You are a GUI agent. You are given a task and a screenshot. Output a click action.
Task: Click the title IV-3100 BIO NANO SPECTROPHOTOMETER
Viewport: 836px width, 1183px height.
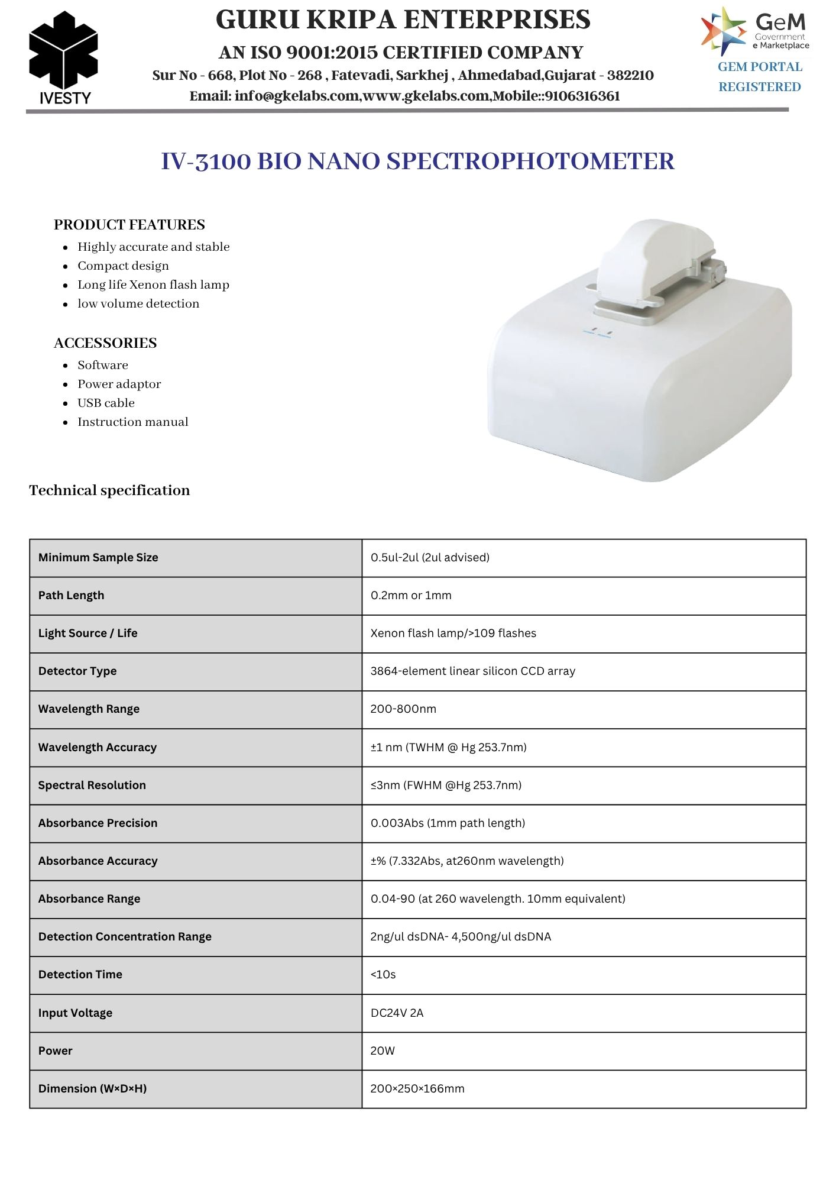pos(417,161)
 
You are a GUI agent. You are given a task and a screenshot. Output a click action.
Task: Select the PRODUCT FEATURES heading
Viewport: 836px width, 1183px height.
pos(129,225)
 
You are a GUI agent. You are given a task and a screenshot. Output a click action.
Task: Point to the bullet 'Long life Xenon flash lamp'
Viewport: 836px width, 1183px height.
pos(153,285)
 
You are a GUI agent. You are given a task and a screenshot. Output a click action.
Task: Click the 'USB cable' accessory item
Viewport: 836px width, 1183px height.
pos(106,403)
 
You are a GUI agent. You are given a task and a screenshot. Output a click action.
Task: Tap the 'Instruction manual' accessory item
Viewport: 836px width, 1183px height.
pos(132,422)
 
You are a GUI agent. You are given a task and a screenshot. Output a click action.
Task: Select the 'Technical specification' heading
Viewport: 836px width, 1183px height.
pos(109,490)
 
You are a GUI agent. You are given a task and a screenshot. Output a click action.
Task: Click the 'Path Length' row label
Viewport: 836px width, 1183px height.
pos(71,596)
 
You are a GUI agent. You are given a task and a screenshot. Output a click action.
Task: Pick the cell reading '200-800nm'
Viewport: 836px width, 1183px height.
pos(403,709)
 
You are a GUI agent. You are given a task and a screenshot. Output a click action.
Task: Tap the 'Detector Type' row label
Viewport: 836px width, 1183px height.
pos(77,671)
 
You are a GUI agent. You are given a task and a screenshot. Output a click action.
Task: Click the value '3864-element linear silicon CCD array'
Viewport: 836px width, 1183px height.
pos(472,671)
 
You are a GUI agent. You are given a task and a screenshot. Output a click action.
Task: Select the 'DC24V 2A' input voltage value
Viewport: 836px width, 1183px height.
pos(397,1013)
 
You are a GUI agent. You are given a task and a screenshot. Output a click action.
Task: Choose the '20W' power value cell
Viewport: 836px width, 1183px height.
pos(383,1051)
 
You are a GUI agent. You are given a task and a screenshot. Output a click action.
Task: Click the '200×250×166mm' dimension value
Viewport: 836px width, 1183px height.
pos(417,1088)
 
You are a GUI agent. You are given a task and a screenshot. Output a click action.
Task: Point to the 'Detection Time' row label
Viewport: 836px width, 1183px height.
pos(80,974)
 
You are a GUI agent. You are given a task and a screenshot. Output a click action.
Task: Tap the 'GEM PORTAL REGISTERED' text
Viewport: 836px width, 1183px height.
pos(760,77)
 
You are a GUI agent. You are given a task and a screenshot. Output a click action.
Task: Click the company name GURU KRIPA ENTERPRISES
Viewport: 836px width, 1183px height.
pos(403,20)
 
